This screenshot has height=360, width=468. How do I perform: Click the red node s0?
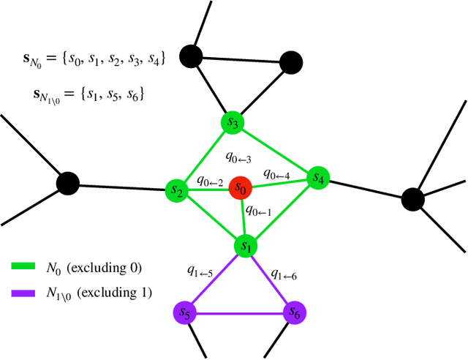click(x=240, y=188)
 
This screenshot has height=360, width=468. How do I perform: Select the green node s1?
click(x=244, y=246)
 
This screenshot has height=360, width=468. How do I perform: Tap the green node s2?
click(x=175, y=190)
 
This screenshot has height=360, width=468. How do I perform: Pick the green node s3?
click(x=233, y=123)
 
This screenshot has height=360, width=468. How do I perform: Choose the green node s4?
click(x=318, y=177)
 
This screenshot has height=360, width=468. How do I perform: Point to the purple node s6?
click(x=294, y=314)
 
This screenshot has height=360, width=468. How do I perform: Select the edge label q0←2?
click(x=210, y=181)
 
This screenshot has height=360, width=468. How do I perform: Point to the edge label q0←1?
click(x=258, y=211)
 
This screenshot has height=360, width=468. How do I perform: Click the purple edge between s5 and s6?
click(x=239, y=314)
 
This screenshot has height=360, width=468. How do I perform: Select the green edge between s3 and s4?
click(x=275, y=150)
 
